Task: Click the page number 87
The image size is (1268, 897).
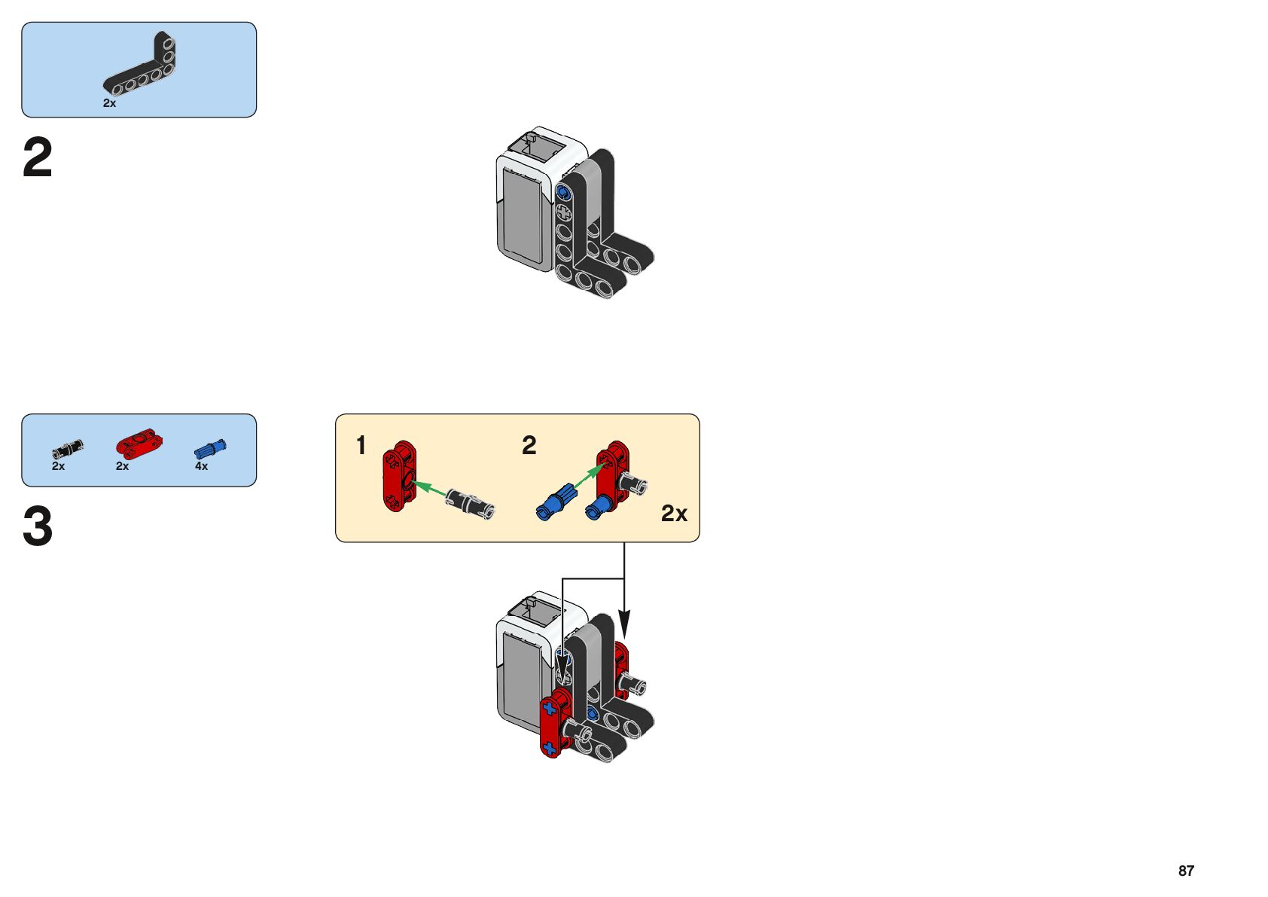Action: [x=1186, y=871]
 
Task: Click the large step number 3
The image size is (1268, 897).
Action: [x=38, y=526]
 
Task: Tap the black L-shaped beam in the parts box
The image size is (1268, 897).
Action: [x=139, y=63]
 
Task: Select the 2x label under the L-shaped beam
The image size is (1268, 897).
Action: [x=109, y=103]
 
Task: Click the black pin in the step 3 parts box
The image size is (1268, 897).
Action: [x=68, y=449]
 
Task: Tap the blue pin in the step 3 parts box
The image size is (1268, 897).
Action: [x=210, y=449]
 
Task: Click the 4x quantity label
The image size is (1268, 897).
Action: [x=202, y=466]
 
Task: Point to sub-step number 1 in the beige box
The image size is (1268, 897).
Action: [x=361, y=445]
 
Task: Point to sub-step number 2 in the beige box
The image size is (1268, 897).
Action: [x=529, y=445]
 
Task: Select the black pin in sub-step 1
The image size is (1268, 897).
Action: [x=470, y=503]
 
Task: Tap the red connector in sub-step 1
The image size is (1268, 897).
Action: [x=400, y=476]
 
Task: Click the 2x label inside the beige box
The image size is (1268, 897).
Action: [x=674, y=514]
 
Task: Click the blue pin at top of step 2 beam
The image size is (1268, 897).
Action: [x=563, y=193]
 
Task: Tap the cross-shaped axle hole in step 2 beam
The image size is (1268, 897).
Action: [x=564, y=213]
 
